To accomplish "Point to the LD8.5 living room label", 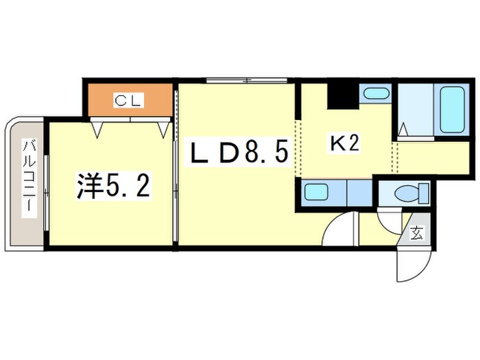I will tap(237, 153).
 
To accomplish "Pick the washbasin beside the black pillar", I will tap(374, 95).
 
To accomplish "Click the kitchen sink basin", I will tap(317, 193).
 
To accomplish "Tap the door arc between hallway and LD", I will tap(337, 229).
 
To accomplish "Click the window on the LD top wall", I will tap(237, 81).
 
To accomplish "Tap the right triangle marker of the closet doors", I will tap(164, 128).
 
